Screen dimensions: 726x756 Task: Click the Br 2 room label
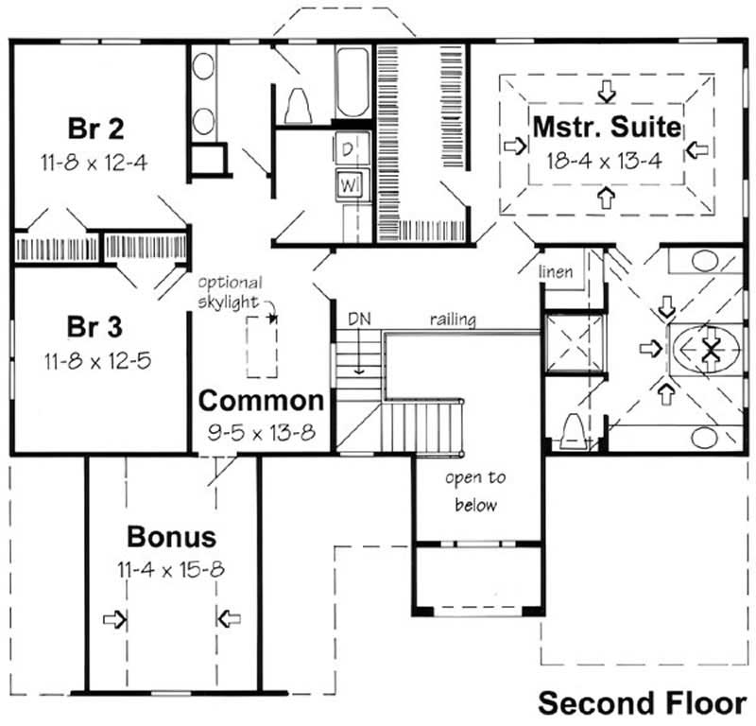[x=96, y=127]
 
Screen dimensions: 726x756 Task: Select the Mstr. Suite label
[x=606, y=125]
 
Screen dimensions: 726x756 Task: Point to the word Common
[x=261, y=400]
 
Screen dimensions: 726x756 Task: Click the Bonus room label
[x=171, y=537]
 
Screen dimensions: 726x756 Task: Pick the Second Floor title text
[x=643, y=703]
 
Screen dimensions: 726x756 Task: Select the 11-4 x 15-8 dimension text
[x=171, y=569]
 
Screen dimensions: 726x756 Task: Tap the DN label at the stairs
[x=358, y=320]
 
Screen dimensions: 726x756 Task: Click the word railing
[x=453, y=320]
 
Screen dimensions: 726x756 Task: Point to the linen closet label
[x=557, y=272]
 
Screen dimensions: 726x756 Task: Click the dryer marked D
[x=347, y=147]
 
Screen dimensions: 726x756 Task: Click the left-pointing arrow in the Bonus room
[x=228, y=619]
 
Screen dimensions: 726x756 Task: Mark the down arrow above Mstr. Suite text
[x=606, y=90]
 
